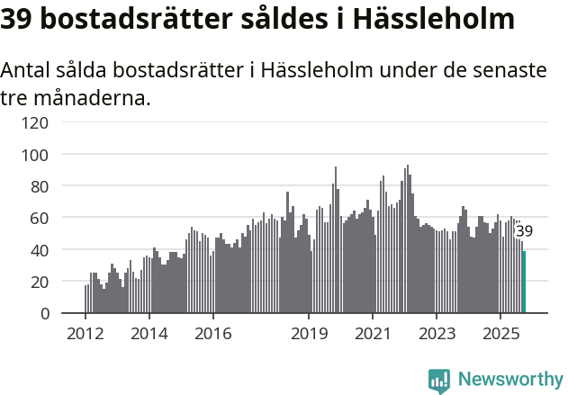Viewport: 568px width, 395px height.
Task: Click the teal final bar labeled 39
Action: click(x=524, y=283)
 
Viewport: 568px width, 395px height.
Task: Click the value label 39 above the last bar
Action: click(x=524, y=231)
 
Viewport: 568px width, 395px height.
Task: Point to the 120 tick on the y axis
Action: click(x=37, y=122)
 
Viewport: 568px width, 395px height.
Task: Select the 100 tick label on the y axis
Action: click(x=37, y=155)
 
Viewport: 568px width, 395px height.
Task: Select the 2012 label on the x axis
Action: click(x=86, y=333)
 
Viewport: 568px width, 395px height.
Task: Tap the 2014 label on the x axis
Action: click(x=149, y=333)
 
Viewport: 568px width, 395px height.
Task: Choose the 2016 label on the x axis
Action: click(x=212, y=333)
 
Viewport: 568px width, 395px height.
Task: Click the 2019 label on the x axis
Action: click(x=309, y=333)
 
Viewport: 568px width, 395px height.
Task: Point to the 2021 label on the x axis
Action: click(x=373, y=333)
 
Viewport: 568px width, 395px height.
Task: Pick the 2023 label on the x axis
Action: click(x=437, y=333)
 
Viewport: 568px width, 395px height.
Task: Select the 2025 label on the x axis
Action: click(x=500, y=333)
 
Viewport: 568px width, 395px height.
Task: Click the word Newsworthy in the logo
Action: click(x=509, y=380)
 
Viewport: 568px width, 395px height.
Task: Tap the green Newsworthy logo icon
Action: click(x=439, y=381)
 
